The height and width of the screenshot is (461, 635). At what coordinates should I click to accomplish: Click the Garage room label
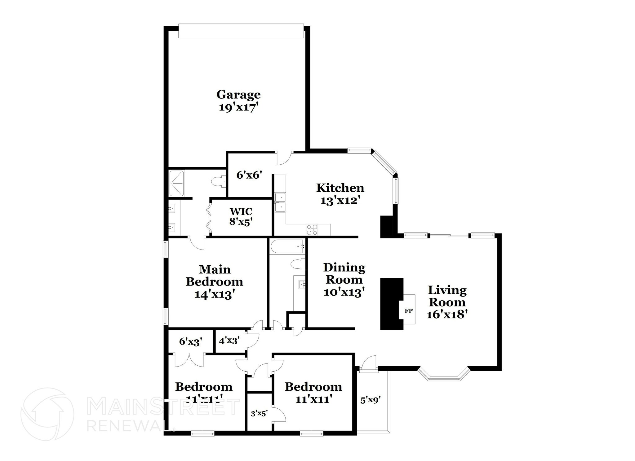[238, 94]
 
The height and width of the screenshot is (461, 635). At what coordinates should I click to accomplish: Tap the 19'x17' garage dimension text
[238, 107]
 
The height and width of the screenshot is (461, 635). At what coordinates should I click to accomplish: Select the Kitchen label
[340, 188]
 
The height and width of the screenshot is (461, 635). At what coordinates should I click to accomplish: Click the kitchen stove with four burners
[312, 229]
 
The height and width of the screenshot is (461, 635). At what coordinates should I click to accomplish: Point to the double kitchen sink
[280, 202]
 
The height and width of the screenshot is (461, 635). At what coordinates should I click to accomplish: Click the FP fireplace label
[409, 311]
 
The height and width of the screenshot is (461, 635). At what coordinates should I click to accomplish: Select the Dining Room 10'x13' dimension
[344, 292]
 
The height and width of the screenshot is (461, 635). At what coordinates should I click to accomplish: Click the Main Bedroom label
[214, 276]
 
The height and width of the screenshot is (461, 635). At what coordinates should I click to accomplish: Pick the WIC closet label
[241, 211]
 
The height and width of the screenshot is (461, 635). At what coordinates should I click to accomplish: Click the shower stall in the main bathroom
[177, 183]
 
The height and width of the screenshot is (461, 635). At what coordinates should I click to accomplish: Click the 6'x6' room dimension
[250, 175]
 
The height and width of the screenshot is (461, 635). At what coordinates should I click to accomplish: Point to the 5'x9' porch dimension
[371, 400]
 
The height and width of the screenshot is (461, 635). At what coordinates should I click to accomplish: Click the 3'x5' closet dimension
[259, 413]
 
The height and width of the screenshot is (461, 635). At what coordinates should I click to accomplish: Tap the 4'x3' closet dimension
[229, 341]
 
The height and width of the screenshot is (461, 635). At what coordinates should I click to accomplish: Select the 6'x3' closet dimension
[191, 341]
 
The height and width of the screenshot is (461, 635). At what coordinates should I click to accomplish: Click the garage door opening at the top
[241, 31]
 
